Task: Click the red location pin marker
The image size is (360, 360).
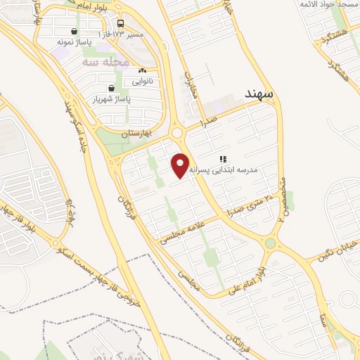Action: click(x=181, y=165)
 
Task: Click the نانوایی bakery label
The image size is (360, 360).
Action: click(x=143, y=81)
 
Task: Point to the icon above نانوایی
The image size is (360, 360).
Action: click(x=143, y=70)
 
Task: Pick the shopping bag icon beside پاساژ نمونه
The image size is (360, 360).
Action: click(x=75, y=31)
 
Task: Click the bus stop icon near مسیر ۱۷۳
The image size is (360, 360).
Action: click(x=121, y=23)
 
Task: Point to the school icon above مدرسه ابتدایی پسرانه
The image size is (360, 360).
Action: click(x=223, y=160)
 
